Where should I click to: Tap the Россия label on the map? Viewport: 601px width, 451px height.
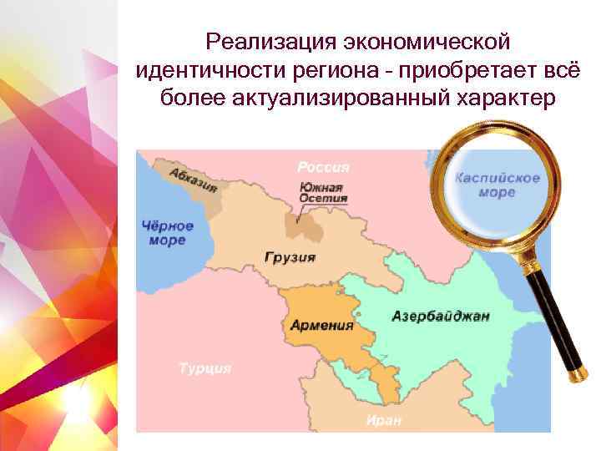pos(323,167)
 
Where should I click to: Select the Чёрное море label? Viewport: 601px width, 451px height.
pos(168,233)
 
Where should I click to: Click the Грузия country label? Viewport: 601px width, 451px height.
pos(290,257)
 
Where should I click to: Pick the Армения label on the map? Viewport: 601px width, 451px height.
pos(321,325)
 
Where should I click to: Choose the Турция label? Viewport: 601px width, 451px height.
pos(205,368)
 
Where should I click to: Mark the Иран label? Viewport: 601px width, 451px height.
pos(384,419)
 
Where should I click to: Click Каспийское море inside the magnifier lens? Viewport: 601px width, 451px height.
pos(497,185)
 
